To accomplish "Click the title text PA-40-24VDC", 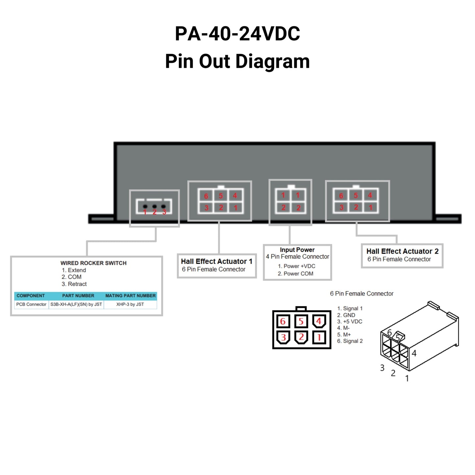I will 237,34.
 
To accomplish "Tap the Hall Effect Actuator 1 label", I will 216,261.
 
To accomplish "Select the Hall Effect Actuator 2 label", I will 402,251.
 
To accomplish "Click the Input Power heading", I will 297,250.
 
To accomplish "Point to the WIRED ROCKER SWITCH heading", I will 93,263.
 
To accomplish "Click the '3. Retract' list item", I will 74,284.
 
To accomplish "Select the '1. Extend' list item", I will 74,270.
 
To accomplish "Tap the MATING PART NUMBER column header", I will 131,296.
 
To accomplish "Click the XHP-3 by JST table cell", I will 130,304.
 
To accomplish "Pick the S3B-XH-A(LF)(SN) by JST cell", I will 76,304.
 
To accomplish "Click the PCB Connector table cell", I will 31,304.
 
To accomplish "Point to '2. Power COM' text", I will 296,273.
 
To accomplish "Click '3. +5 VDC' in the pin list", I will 350,321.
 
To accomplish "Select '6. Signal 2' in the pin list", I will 350,341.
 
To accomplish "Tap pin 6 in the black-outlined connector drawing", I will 283,321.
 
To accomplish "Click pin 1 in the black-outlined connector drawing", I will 319,337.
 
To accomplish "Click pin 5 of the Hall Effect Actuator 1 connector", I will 221,196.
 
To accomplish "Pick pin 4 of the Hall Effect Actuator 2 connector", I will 370,195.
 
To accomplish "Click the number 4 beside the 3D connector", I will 414,353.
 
